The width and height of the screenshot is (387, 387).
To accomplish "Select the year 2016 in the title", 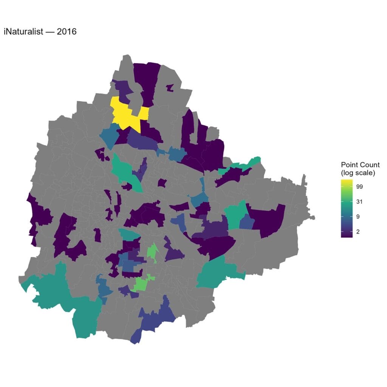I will (x=67, y=32).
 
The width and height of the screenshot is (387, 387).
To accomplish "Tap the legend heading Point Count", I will (x=360, y=165).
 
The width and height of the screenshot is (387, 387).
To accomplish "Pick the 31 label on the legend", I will (x=359, y=202).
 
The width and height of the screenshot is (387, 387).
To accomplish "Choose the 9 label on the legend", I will (x=358, y=217).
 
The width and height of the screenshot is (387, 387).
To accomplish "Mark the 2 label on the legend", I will (x=358, y=232).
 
